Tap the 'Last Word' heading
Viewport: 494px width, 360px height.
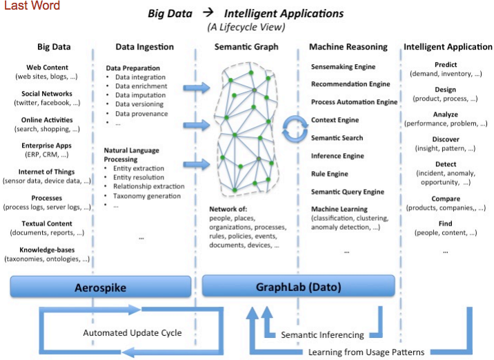pyautogui.click(x=30, y=6)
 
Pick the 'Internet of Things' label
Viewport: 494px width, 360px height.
pyautogui.click(x=52, y=172)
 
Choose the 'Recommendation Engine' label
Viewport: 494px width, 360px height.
pyautogui.click(x=350, y=84)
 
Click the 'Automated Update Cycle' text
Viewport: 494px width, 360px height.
pyautogui.click(x=132, y=333)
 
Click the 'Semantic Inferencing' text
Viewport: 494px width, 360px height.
pyautogui.click(x=322, y=335)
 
